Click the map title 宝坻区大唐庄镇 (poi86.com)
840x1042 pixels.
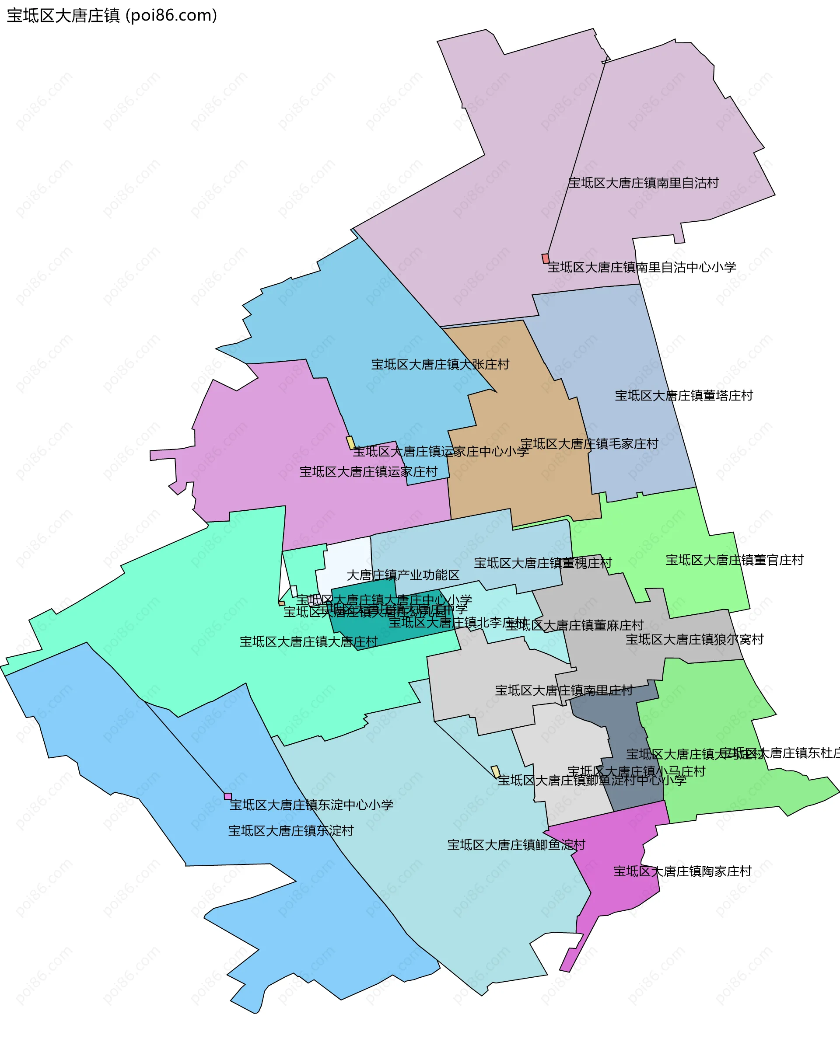(x=112, y=16)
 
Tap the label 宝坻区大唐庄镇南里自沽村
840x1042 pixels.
(x=643, y=183)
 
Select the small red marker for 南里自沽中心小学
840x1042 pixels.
(x=545, y=259)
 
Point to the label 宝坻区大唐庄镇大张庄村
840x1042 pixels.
(x=440, y=365)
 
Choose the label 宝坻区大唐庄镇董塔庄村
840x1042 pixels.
(x=684, y=396)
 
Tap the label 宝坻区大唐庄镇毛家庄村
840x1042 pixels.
(x=589, y=444)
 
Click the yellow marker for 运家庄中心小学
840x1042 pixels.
(x=350, y=443)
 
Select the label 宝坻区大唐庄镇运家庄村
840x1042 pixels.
(x=368, y=471)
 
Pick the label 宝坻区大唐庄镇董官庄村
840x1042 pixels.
(x=735, y=560)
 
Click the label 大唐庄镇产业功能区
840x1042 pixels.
(x=403, y=575)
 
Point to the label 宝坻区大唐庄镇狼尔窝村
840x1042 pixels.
(x=694, y=639)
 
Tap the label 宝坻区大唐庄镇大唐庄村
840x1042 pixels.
(x=309, y=641)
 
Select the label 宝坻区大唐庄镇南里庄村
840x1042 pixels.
(x=563, y=690)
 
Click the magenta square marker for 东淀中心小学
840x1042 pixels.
(x=227, y=796)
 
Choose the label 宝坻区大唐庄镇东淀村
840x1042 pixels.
(x=291, y=831)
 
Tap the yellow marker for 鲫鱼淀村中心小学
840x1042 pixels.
(x=496, y=771)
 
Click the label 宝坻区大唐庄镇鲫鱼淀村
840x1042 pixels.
(x=516, y=845)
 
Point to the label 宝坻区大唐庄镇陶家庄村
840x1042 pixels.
(x=682, y=871)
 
